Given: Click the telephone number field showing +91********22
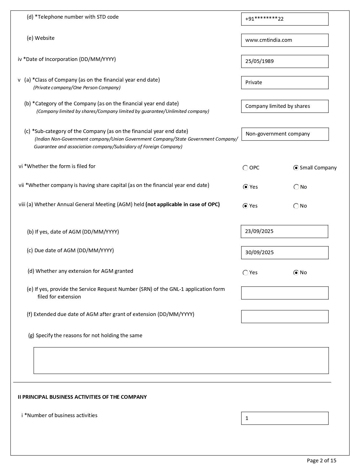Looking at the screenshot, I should [285, 19].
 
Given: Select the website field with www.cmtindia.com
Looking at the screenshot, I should [285, 40].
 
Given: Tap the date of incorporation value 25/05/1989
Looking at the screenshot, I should [285, 61].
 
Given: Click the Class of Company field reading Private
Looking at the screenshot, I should [285, 82].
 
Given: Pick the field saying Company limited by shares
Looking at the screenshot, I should [285, 106].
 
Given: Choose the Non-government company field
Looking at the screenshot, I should [285, 134].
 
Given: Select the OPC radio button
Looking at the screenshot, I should [245, 168].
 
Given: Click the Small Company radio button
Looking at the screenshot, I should [296, 168].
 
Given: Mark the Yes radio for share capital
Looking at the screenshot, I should [245, 187].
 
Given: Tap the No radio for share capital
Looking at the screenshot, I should [296, 187].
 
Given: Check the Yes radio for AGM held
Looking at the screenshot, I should [245, 206].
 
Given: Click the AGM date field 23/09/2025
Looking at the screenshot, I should [284, 232].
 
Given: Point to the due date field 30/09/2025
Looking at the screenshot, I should [285, 252].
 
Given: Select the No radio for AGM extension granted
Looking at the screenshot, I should [296, 273].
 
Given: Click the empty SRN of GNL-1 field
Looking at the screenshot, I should [285, 293].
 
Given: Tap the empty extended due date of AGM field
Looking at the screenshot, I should [285, 316].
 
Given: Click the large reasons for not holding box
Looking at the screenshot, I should [181, 360].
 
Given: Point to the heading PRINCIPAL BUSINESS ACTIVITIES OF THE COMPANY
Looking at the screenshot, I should [82, 397].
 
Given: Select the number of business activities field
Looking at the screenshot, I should [285, 418].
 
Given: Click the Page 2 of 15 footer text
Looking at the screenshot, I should [322, 461].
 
